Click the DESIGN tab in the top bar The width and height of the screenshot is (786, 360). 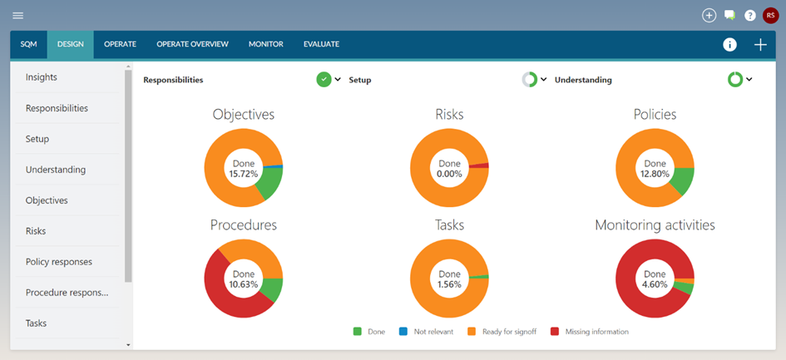click(x=70, y=44)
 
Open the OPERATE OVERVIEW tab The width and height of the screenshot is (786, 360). click(x=192, y=44)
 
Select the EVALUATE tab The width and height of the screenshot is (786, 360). click(x=321, y=44)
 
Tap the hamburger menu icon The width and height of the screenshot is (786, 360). click(x=18, y=16)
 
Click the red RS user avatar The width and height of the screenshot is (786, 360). click(x=770, y=16)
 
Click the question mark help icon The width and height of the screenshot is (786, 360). click(x=750, y=16)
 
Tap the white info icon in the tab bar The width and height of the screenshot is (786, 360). click(x=730, y=45)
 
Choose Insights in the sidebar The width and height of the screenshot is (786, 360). click(x=42, y=77)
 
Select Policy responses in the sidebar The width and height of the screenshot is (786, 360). click(x=59, y=262)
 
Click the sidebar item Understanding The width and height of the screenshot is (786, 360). click(x=56, y=170)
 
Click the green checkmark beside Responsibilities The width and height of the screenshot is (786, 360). click(x=324, y=79)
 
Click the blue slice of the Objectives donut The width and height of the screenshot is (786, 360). click(x=279, y=166)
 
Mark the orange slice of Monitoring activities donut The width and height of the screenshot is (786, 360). click(x=687, y=281)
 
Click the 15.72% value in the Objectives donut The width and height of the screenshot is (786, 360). click(x=244, y=174)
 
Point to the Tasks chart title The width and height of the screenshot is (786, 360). click(x=450, y=225)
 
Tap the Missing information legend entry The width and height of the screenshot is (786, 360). click(x=590, y=332)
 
